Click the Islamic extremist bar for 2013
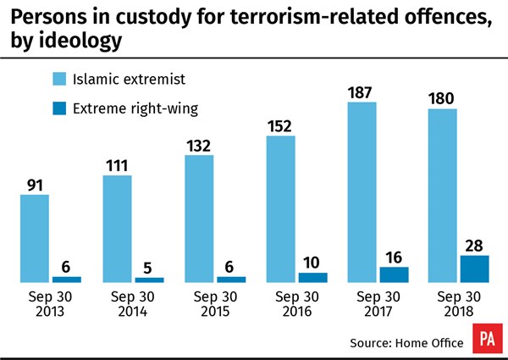point(35,238)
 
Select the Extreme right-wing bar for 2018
point(474,269)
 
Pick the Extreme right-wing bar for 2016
point(312,277)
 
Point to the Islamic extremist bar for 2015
point(198,219)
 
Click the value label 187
point(362,94)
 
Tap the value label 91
point(35,184)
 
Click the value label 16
point(393,256)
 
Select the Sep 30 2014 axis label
point(117,304)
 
